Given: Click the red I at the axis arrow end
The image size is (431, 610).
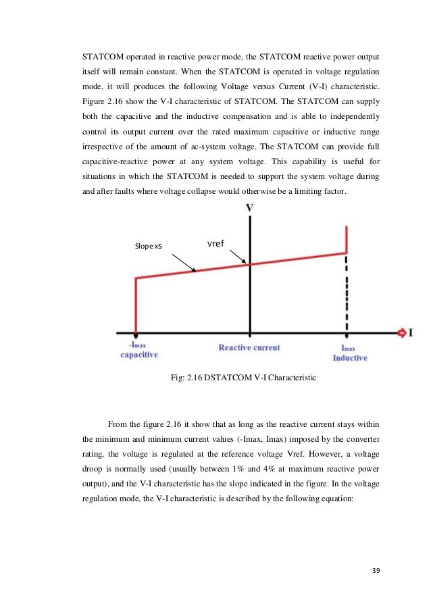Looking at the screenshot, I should [x=409, y=332].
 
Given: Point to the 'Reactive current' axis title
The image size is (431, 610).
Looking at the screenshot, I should [x=249, y=348].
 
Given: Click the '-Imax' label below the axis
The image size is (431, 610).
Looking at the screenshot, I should [x=138, y=345].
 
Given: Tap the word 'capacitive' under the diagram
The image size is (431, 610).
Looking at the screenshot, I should [x=139, y=355].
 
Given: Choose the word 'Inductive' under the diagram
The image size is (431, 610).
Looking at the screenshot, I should [x=350, y=357].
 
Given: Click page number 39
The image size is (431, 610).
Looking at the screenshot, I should [x=376, y=571].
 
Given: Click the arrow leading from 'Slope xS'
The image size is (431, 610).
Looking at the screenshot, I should [x=184, y=263].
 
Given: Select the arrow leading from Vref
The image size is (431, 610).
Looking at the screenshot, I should [x=240, y=257].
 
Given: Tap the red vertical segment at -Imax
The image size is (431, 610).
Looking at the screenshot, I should [x=136, y=304].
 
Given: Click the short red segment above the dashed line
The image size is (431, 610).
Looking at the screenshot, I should [x=347, y=240].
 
